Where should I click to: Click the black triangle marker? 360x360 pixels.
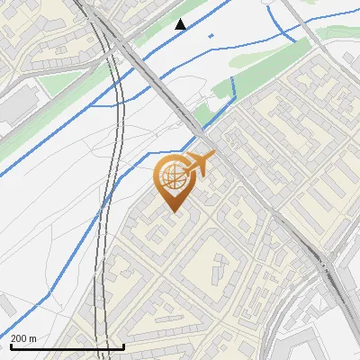181,24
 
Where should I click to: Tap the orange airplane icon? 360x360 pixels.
200,164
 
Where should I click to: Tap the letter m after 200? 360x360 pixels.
33,338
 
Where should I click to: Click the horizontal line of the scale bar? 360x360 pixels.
67,347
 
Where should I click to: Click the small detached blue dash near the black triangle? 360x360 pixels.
211,35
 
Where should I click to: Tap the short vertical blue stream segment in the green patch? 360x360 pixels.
234,87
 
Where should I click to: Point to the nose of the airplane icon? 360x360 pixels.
213,157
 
